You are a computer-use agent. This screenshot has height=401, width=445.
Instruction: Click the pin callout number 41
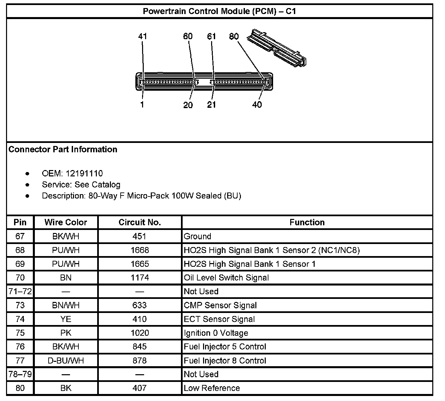142,36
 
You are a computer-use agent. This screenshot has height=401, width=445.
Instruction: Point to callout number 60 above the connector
188,36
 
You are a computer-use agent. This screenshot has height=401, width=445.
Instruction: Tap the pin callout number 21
211,105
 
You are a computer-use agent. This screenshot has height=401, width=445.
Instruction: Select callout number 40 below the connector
257,105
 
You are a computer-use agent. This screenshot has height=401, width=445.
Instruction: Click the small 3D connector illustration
277,47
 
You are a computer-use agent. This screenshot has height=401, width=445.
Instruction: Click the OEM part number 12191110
84,173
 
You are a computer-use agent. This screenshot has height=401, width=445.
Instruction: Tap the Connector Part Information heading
63,149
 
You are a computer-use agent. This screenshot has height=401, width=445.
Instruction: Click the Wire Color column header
66,222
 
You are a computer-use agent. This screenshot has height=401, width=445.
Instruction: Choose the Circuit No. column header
140,222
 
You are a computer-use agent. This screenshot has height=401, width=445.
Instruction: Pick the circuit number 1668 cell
140,250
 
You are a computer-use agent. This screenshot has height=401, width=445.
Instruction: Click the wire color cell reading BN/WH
66,305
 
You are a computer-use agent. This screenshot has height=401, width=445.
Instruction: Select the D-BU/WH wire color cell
66,360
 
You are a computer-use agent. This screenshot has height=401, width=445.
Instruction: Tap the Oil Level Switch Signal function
226,277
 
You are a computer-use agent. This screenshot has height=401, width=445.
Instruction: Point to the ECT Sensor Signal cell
219,319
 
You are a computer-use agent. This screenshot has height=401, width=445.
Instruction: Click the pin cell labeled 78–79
20,374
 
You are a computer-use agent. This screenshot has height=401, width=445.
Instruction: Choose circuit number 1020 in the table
140,333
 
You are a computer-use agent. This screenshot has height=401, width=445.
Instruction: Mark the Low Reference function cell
212,388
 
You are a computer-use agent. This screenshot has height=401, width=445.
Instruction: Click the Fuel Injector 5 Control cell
225,346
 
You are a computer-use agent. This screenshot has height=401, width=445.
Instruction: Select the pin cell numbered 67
20,236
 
